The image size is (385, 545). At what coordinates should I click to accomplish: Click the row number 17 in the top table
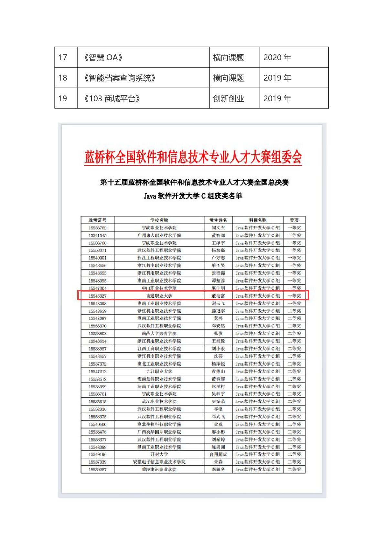pos(63,58)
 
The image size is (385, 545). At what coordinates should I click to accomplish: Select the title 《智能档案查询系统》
pos(120,78)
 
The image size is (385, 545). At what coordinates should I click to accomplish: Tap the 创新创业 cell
pos(229,99)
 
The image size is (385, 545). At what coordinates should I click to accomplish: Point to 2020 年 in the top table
pos(277,58)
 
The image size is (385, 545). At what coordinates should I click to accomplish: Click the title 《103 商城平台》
pos(112,99)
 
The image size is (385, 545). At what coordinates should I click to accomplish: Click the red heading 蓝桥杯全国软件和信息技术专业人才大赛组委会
pos(193,157)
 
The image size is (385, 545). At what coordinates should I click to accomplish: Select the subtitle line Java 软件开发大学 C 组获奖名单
pos(193,196)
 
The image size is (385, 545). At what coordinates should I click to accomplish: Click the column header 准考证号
pos(97,220)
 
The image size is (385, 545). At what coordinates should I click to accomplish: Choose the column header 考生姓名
pos(218,220)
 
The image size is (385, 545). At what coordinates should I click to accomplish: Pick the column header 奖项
pos(294,220)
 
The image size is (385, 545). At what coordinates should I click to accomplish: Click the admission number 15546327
pos(97,296)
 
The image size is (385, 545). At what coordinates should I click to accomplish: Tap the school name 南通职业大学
pos(159,296)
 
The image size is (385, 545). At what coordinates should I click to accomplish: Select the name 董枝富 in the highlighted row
pos(218,296)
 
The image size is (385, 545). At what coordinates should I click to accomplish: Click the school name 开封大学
pos(159,454)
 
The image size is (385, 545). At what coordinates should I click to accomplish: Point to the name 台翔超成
pos(218,454)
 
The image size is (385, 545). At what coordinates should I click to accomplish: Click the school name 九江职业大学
pos(159,372)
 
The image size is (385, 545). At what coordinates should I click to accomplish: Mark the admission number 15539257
pos(97,470)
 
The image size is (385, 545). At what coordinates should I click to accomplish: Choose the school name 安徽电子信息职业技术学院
pos(159,462)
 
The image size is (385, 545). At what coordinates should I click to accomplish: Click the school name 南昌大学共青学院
pos(159,333)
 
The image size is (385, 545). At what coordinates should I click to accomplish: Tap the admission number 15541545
pos(97,236)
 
